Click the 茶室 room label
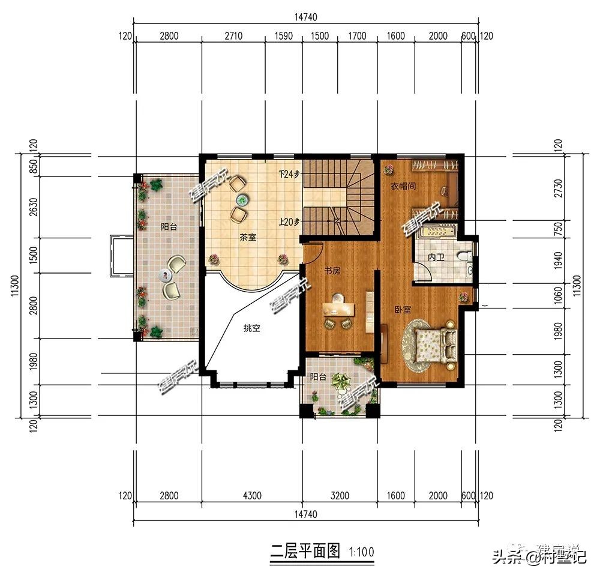248,238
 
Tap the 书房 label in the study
332,271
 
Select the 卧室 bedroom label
403,310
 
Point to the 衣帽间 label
403,187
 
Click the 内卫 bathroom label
436,257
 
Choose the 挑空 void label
251,328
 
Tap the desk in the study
340,308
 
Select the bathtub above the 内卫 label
437,232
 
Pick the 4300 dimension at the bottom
251,496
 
